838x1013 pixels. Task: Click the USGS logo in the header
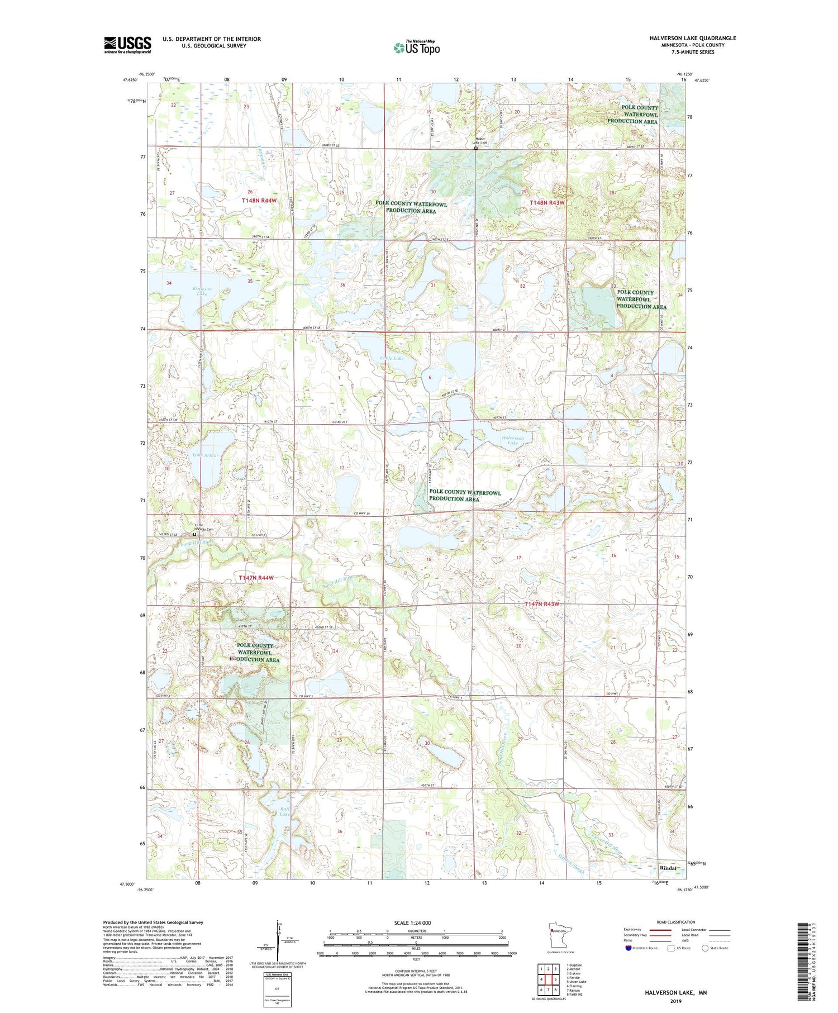pos(127,45)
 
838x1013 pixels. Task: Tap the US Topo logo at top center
pos(416,48)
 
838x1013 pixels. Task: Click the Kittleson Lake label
pos(202,291)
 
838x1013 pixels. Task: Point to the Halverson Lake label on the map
pos(512,440)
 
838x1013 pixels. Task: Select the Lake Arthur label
pos(206,455)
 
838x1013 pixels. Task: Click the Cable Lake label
pos(392,358)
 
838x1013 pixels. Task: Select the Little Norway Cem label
pos(203,527)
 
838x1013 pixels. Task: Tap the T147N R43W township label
pos(541,604)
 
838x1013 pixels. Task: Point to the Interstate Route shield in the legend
pos(628,948)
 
